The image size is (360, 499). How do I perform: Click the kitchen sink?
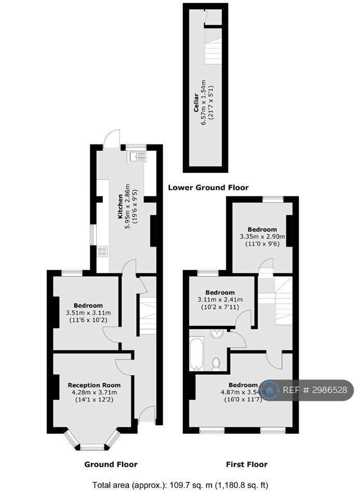[137, 156]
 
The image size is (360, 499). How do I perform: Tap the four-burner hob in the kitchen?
[102, 251]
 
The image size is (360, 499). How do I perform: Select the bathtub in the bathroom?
[196, 354]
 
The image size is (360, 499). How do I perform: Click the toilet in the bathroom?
[217, 364]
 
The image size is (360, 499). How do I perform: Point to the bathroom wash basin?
[217, 334]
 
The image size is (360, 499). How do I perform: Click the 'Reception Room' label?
[94, 385]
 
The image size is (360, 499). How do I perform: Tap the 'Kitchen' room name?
[120, 206]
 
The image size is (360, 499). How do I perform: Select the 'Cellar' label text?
[196, 102]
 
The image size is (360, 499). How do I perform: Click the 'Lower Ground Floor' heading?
[208, 188]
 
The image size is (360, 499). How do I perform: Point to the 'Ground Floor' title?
[111, 464]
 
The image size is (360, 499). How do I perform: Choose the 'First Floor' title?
[247, 464]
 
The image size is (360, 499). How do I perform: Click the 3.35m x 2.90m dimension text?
[262, 237]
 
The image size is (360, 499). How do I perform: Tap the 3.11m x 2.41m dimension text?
[220, 299]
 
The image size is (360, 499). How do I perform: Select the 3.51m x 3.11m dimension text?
[88, 312]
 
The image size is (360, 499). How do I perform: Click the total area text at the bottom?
[180, 485]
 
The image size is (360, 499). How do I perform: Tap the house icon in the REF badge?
[270, 390]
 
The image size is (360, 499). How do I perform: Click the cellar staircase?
[213, 51]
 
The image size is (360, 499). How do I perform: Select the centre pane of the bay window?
[92, 448]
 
